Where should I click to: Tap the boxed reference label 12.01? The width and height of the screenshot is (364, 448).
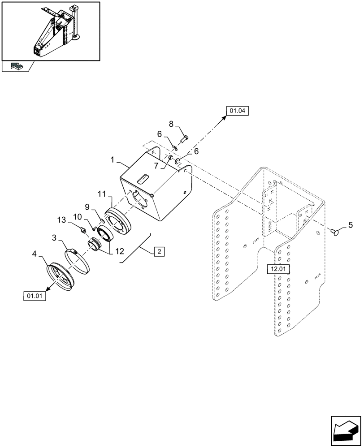[279, 269]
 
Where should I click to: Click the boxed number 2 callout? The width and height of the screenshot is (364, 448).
[159, 251]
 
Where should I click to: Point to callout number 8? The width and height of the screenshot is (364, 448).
[171, 124]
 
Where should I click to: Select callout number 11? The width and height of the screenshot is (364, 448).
[101, 194]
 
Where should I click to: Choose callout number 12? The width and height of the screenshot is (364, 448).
[119, 252]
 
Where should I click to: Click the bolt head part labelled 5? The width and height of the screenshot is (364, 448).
[334, 232]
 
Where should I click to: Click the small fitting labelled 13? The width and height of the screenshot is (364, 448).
[82, 231]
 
